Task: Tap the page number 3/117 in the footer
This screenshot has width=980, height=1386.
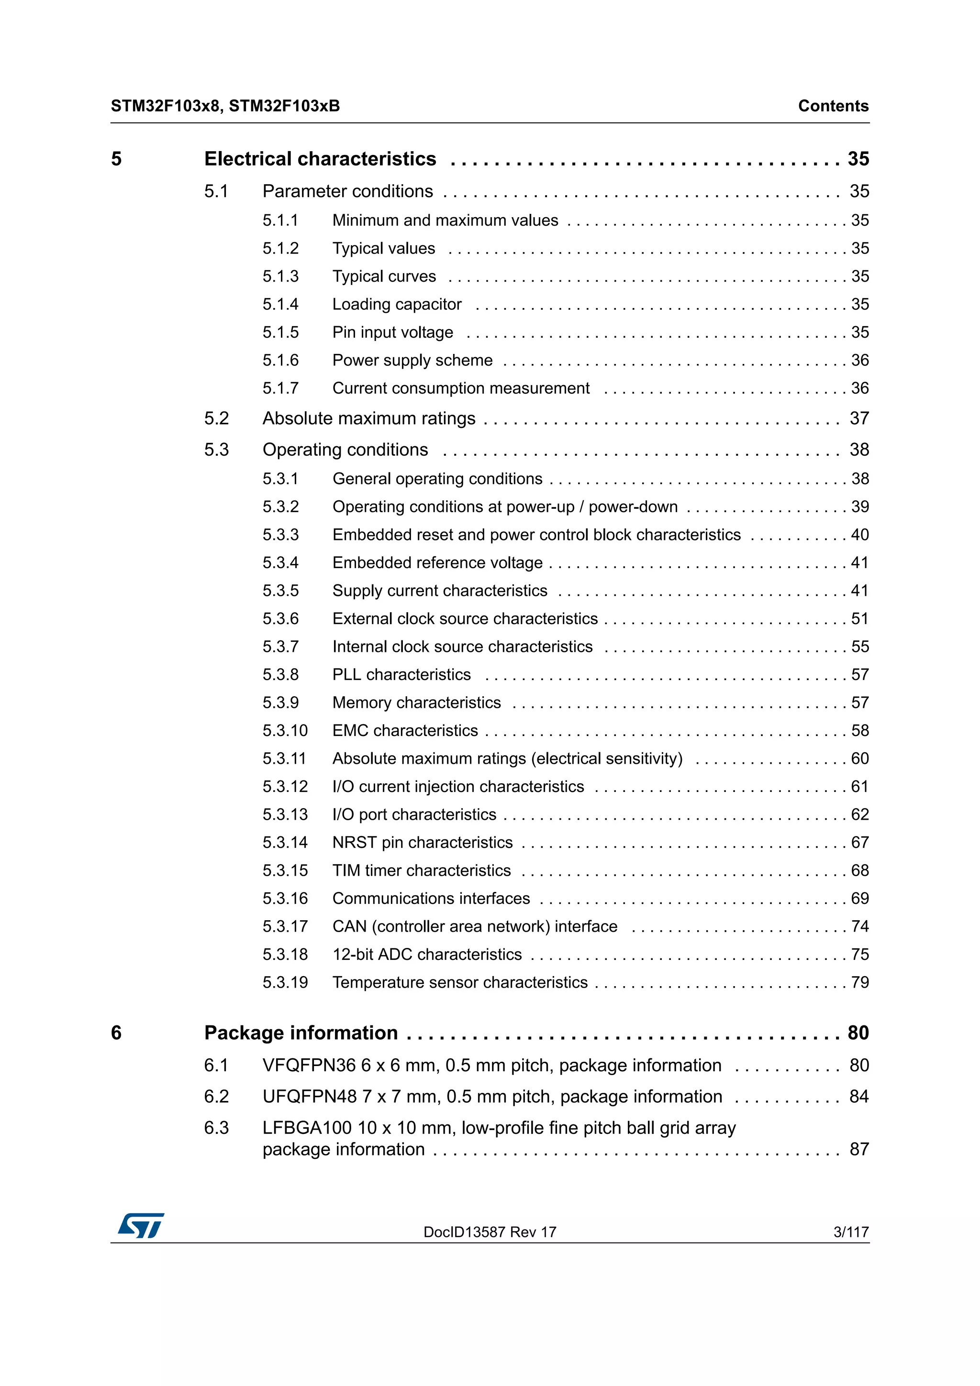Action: pos(850,1232)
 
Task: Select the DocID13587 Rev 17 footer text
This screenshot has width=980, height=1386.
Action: pos(490,1232)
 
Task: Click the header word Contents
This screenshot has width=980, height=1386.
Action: pos(833,106)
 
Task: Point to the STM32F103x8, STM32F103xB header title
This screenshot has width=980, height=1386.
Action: pos(225,106)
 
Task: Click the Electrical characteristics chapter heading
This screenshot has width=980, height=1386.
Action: pos(320,159)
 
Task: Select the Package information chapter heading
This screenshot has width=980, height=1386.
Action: pos(301,1033)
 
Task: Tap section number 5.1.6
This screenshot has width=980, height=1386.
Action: pos(280,361)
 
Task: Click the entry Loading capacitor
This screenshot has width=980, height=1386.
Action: pos(397,304)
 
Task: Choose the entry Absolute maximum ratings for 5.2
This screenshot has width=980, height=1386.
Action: pos(369,418)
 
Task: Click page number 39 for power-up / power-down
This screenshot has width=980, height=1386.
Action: pos(859,507)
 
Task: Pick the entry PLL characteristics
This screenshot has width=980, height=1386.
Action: pos(401,675)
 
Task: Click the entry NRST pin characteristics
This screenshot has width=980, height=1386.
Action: pos(422,843)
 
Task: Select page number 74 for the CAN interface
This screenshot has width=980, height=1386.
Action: pos(859,926)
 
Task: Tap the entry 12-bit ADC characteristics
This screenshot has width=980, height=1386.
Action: pos(427,955)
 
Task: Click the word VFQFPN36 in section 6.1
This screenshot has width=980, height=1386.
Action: pos(309,1066)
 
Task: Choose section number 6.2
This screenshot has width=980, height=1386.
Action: pos(216,1097)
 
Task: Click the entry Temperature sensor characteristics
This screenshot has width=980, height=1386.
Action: pos(459,983)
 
